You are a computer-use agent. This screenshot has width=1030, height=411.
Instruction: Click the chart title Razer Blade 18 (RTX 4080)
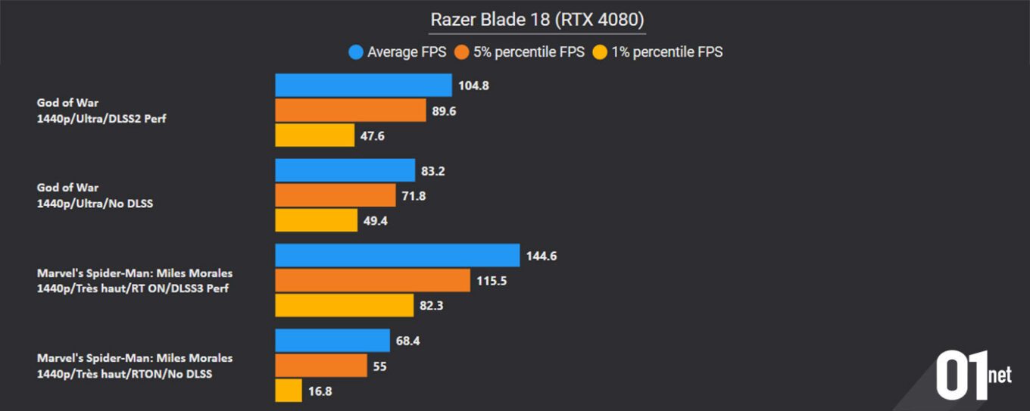537,20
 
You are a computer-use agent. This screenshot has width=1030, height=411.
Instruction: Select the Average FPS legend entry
398,52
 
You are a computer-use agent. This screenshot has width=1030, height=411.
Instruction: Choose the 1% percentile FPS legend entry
657,52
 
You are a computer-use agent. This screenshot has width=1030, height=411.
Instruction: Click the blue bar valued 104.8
364,86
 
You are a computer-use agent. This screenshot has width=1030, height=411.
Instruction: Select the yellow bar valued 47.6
314,135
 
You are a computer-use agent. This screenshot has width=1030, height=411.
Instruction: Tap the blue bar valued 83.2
345,171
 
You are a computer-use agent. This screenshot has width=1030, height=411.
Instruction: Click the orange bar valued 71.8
336,195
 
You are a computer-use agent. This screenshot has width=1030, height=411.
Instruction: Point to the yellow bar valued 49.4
316,220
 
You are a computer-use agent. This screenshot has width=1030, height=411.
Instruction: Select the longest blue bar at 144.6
398,256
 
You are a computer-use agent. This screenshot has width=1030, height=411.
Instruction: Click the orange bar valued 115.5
373,280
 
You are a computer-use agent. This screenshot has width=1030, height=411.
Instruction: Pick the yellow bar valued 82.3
345,305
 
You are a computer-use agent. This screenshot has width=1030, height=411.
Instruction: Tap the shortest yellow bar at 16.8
289,391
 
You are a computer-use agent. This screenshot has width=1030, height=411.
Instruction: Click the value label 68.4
407,341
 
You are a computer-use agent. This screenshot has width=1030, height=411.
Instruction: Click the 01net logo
973,375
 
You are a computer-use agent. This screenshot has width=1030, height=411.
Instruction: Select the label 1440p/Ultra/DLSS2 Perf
101,118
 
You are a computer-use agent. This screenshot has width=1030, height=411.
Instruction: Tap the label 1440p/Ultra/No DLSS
95,203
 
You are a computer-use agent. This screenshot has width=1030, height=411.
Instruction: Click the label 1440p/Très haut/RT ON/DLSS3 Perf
133,288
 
